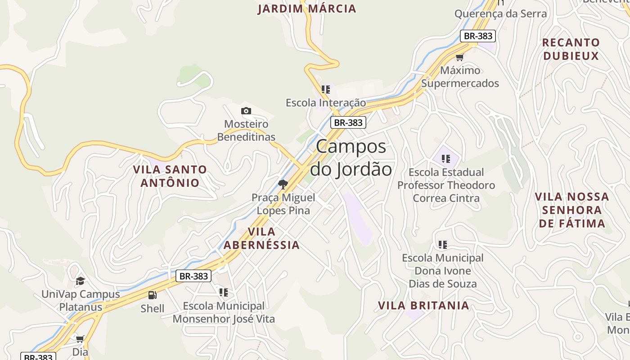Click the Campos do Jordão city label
pos(351,158)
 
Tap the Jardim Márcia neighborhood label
pos(307,9)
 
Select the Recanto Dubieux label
pos(571,49)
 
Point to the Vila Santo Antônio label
pos(170,176)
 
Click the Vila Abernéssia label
pos(261,238)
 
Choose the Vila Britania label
pos(423,306)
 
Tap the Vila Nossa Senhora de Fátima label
pos(572,210)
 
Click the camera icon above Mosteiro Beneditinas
pos(246,111)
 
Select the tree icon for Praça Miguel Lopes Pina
pos(283,184)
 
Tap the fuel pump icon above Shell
pos(153,295)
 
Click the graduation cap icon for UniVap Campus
pos(80,281)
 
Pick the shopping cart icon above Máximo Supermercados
pos(459,57)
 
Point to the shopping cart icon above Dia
pos(80,339)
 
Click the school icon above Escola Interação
pos(326,90)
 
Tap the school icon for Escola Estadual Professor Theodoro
pos(446,158)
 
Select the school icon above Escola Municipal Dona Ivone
pos(443,245)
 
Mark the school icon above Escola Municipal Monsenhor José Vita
pos(224,292)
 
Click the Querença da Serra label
pos(500,13)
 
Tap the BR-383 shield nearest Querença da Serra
pos(477,36)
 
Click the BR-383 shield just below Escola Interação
pos(348,122)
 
